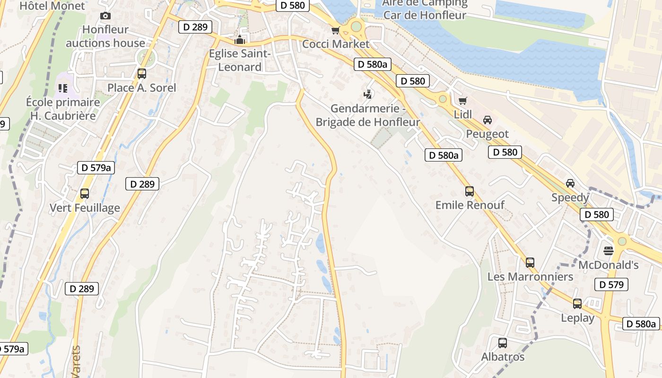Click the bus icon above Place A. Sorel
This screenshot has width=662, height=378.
click(141, 74)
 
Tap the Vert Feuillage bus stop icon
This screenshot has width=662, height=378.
click(85, 194)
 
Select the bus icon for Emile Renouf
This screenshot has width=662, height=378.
click(470, 191)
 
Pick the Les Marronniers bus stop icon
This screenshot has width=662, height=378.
click(530, 263)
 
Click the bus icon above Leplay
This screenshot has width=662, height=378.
click(577, 304)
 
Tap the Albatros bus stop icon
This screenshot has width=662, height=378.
click(503, 343)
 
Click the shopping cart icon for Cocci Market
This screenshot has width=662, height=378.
click(335, 31)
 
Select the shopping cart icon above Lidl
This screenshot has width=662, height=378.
click(462, 101)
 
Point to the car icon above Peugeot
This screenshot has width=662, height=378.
click(488, 120)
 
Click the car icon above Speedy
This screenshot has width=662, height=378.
click(570, 183)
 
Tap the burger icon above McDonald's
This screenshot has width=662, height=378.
click(609, 250)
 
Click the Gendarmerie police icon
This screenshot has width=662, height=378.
click(367, 94)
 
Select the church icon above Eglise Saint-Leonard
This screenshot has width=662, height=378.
click(240, 40)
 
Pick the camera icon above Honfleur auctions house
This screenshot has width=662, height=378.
click(105, 16)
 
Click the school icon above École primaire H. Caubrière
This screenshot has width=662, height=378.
click(63, 88)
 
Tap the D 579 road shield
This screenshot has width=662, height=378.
click(611, 284)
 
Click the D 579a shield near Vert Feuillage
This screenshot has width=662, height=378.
click(96, 167)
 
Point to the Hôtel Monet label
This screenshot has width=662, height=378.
click(52, 6)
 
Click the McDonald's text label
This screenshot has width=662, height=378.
click(609, 265)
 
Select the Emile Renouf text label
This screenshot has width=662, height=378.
click(470, 205)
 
